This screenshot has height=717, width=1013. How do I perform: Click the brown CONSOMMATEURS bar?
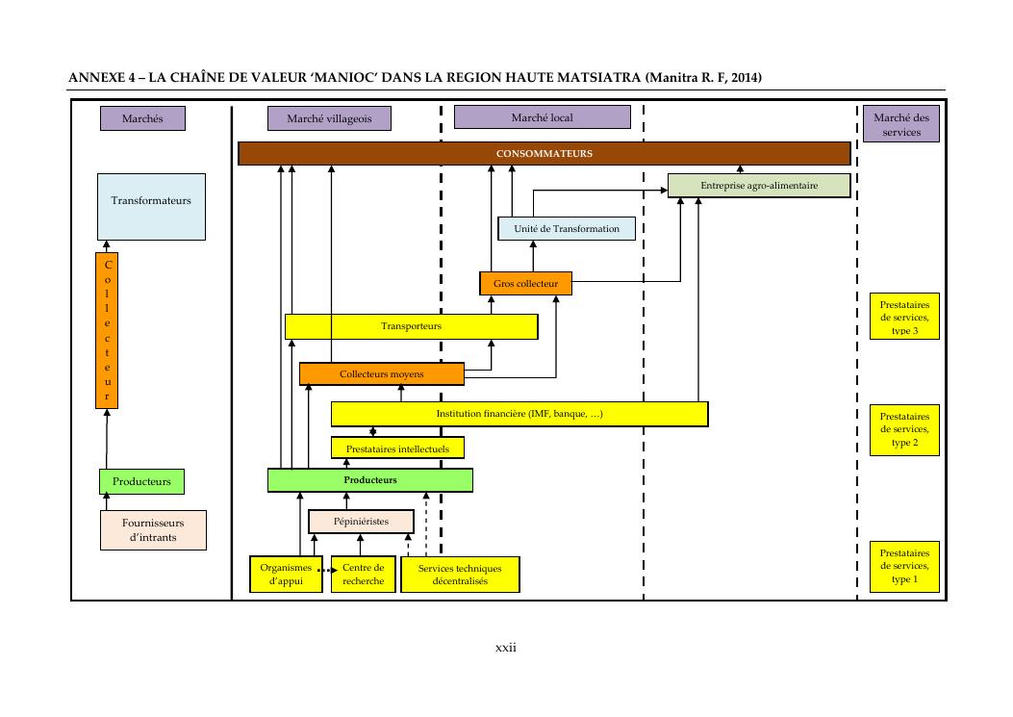pos(544,154)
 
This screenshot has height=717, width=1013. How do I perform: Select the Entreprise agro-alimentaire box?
pos(759,186)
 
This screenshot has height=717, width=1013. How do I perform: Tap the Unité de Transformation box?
pos(567,228)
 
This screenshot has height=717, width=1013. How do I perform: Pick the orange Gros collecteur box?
pos(525,283)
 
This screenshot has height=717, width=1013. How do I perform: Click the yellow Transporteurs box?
pos(411,326)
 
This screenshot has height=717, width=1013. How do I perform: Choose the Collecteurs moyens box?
pos(382,373)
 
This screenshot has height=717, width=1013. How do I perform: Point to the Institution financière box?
pos(519,414)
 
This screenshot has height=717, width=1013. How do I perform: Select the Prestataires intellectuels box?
pos(397,448)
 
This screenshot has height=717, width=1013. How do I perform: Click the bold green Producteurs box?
pos(370,479)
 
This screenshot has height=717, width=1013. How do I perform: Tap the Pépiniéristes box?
pos(361,521)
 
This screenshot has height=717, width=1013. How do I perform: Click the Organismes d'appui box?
pos(286,574)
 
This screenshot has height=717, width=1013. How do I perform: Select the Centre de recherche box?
pos(363,574)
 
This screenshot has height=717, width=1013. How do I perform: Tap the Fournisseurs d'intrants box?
pos(153,529)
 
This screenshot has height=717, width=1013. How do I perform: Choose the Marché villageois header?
pos(329,118)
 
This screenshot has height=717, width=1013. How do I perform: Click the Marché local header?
pos(542,117)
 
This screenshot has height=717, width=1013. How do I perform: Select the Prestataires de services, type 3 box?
pos(903,317)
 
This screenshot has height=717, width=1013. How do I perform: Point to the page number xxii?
pos(506,648)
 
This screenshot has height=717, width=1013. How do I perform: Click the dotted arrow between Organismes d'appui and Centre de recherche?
pos(326,570)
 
